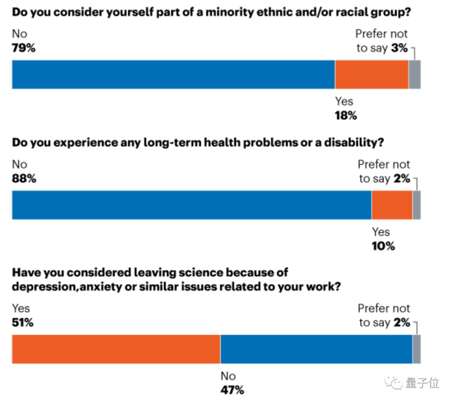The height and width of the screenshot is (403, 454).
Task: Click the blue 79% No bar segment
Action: pyautogui.click(x=173, y=74)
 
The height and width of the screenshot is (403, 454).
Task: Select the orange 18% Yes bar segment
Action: pyautogui.click(x=372, y=74)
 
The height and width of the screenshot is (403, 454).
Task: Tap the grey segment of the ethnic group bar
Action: pyautogui.click(x=414, y=74)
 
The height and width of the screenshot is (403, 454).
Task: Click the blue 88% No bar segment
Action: pyautogui.click(x=191, y=205)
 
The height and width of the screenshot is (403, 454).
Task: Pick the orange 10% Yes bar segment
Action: pyautogui.click(x=392, y=205)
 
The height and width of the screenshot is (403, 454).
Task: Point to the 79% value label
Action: pyautogui.click(x=24, y=47)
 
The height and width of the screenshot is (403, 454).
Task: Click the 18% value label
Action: pyautogui.click(x=346, y=116)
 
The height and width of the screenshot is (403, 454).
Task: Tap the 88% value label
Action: pyautogui.click(x=24, y=178)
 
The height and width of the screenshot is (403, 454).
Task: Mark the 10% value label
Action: pyautogui.click(x=383, y=246)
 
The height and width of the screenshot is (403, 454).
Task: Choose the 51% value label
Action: pyautogui.click(x=23, y=322)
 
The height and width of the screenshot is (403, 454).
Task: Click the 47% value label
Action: pyautogui.click(x=232, y=390)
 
